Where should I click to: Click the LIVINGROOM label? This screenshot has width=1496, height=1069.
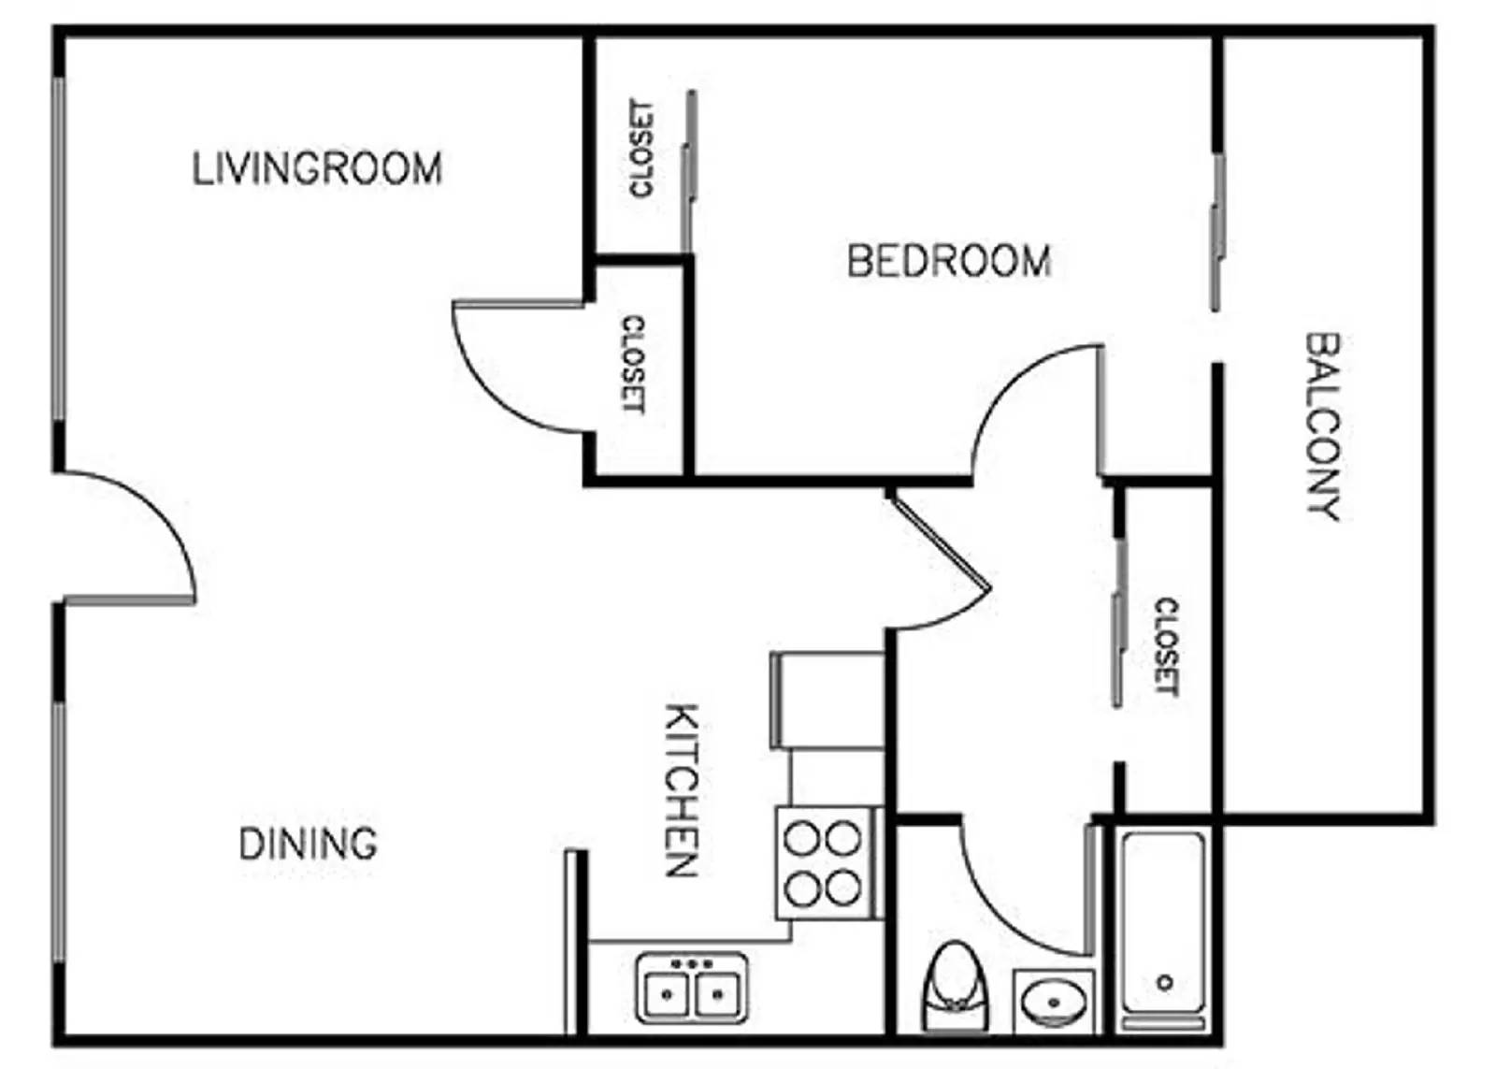point(317,168)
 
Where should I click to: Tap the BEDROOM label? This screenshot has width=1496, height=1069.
point(948,260)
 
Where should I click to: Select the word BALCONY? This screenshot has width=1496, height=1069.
point(1322,426)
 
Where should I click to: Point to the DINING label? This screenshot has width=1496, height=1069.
point(308,844)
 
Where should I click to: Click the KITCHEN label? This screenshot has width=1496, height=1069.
point(682,790)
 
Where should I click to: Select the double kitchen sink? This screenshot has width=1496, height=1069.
point(692,988)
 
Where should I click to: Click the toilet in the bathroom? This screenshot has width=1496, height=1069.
point(953,987)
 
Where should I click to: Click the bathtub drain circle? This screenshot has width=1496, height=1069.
point(1165,982)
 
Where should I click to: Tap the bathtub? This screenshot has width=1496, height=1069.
point(1163,926)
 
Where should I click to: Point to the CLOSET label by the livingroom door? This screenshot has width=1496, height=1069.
point(633,364)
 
